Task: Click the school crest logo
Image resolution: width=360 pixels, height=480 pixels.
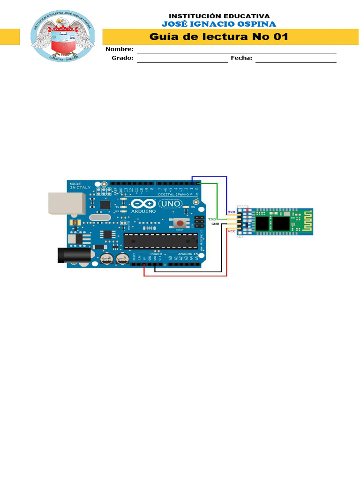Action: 63,37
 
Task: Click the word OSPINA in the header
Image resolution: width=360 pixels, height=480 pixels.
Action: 257,24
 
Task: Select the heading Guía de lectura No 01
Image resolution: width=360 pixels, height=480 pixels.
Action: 218,37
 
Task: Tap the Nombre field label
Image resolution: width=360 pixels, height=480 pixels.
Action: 120,49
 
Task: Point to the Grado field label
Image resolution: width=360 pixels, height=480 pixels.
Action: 122,58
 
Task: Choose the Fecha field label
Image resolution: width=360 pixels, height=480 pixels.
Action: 241,58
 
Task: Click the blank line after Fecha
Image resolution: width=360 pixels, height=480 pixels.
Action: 296,60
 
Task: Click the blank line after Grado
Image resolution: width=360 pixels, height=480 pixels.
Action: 182,60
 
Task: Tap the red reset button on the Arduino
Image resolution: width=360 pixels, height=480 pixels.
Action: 179,223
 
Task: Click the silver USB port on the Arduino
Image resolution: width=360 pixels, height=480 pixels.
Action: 67,203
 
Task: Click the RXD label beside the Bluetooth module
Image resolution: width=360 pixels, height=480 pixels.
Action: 231,212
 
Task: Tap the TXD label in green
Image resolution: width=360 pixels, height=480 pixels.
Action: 212,219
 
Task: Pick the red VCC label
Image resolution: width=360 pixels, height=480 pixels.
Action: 231,231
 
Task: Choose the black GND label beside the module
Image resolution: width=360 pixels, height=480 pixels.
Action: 215,224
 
